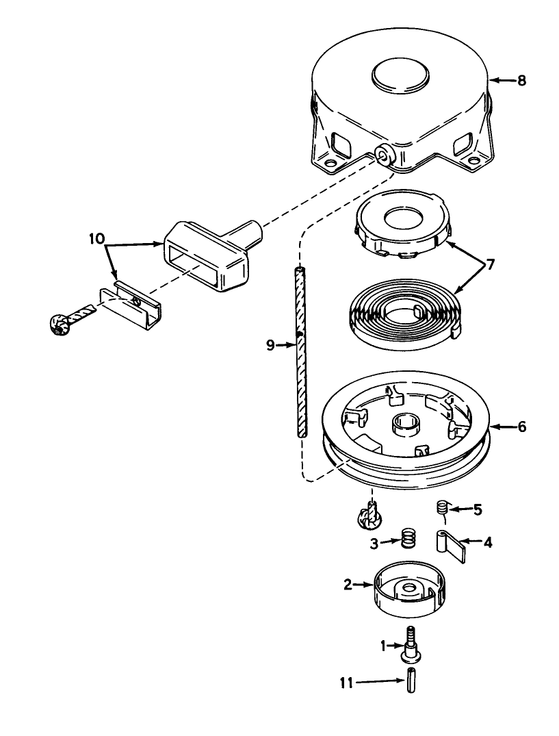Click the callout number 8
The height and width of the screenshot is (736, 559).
coord(521,81)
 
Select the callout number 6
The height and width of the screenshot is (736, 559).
coord(521,427)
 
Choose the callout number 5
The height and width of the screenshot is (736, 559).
coord(478,509)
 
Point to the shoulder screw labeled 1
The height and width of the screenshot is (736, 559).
coord(411,645)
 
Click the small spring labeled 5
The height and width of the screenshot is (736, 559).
coord(441,509)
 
